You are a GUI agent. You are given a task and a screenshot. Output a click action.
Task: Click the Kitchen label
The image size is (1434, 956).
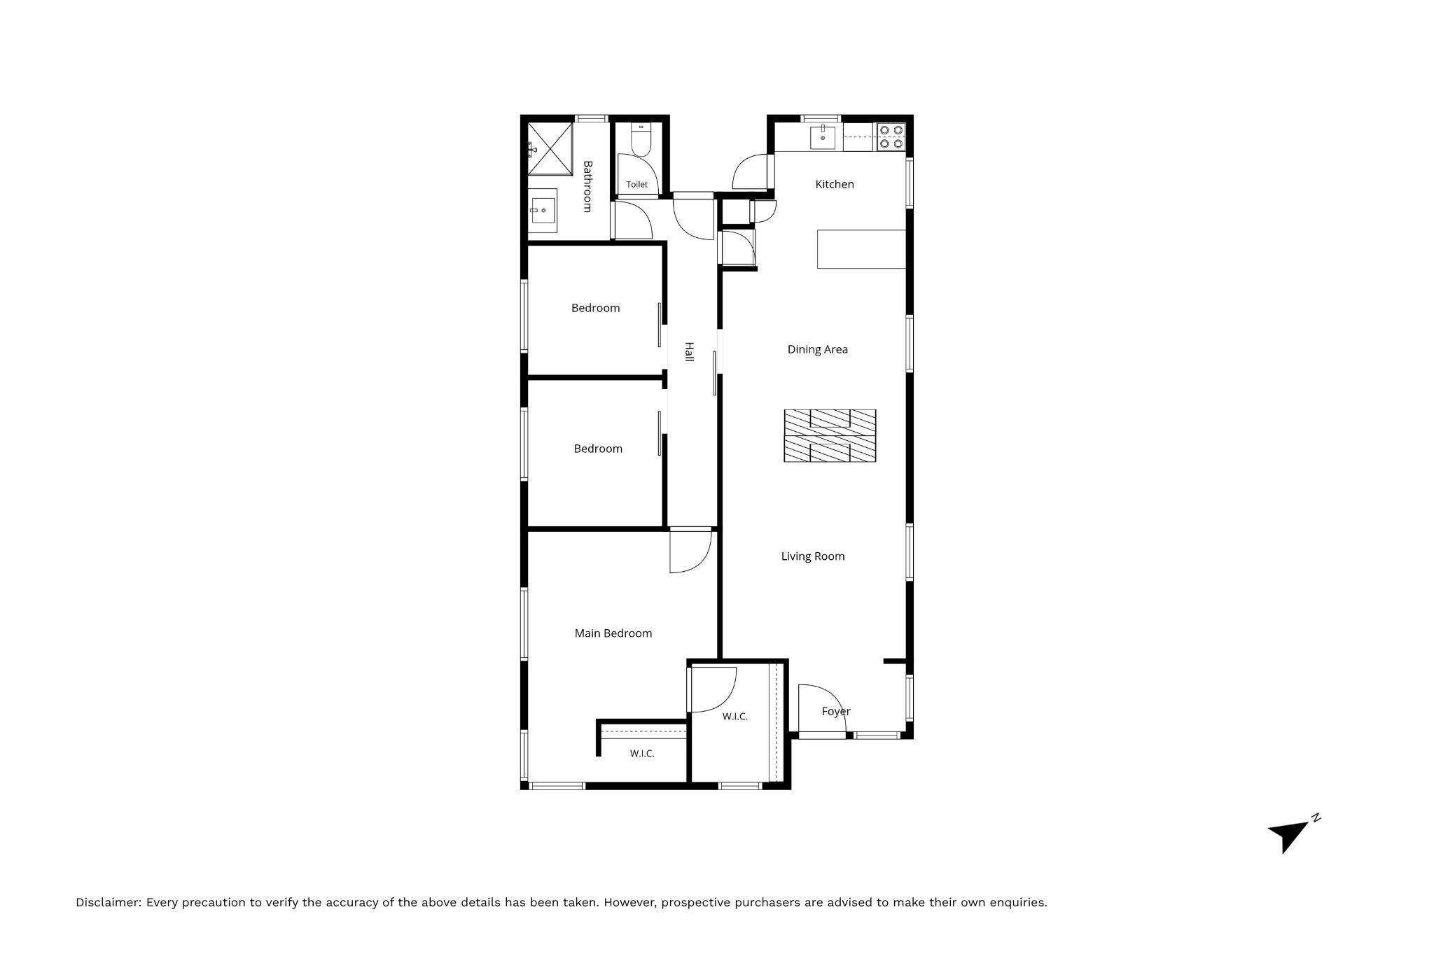click(x=835, y=184)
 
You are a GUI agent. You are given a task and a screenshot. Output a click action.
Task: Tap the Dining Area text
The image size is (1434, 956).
click(x=817, y=349)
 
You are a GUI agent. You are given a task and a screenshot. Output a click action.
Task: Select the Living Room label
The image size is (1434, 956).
click(x=813, y=556)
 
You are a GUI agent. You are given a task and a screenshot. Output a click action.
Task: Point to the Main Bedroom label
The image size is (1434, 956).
click(x=613, y=633)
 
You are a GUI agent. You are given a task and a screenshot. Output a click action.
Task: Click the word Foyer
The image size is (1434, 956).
click(x=836, y=712)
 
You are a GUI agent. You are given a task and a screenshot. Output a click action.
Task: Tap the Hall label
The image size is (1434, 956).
click(x=689, y=352)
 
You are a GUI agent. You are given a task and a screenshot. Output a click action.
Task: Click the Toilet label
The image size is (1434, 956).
click(x=637, y=185)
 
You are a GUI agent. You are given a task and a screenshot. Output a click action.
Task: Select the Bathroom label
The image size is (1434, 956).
click(x=587, y=187)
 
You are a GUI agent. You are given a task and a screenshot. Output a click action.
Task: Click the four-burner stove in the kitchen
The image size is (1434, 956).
click(x=891, y=137)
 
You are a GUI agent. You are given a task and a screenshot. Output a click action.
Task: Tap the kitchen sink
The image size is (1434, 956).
click(x=823, y=137)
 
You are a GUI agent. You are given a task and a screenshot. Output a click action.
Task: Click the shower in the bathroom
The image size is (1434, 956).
click(x=550, y=149)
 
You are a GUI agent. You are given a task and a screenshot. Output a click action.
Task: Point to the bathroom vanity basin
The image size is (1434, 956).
click(x=543, y=210)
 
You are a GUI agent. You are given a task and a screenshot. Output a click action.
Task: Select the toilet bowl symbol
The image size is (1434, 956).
click(x=641, y=139)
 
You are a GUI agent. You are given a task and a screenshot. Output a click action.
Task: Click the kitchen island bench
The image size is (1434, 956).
click(x=862, y=249)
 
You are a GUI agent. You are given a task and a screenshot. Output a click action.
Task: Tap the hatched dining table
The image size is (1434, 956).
click(x=830, y=435)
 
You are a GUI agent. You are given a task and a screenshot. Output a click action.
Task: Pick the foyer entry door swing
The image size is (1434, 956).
click(x=823, y=708)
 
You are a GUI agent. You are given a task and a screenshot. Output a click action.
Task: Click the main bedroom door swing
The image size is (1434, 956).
click(x=690, y=551)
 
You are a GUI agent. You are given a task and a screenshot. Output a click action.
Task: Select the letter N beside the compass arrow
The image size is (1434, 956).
click(x=1316, y=817)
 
